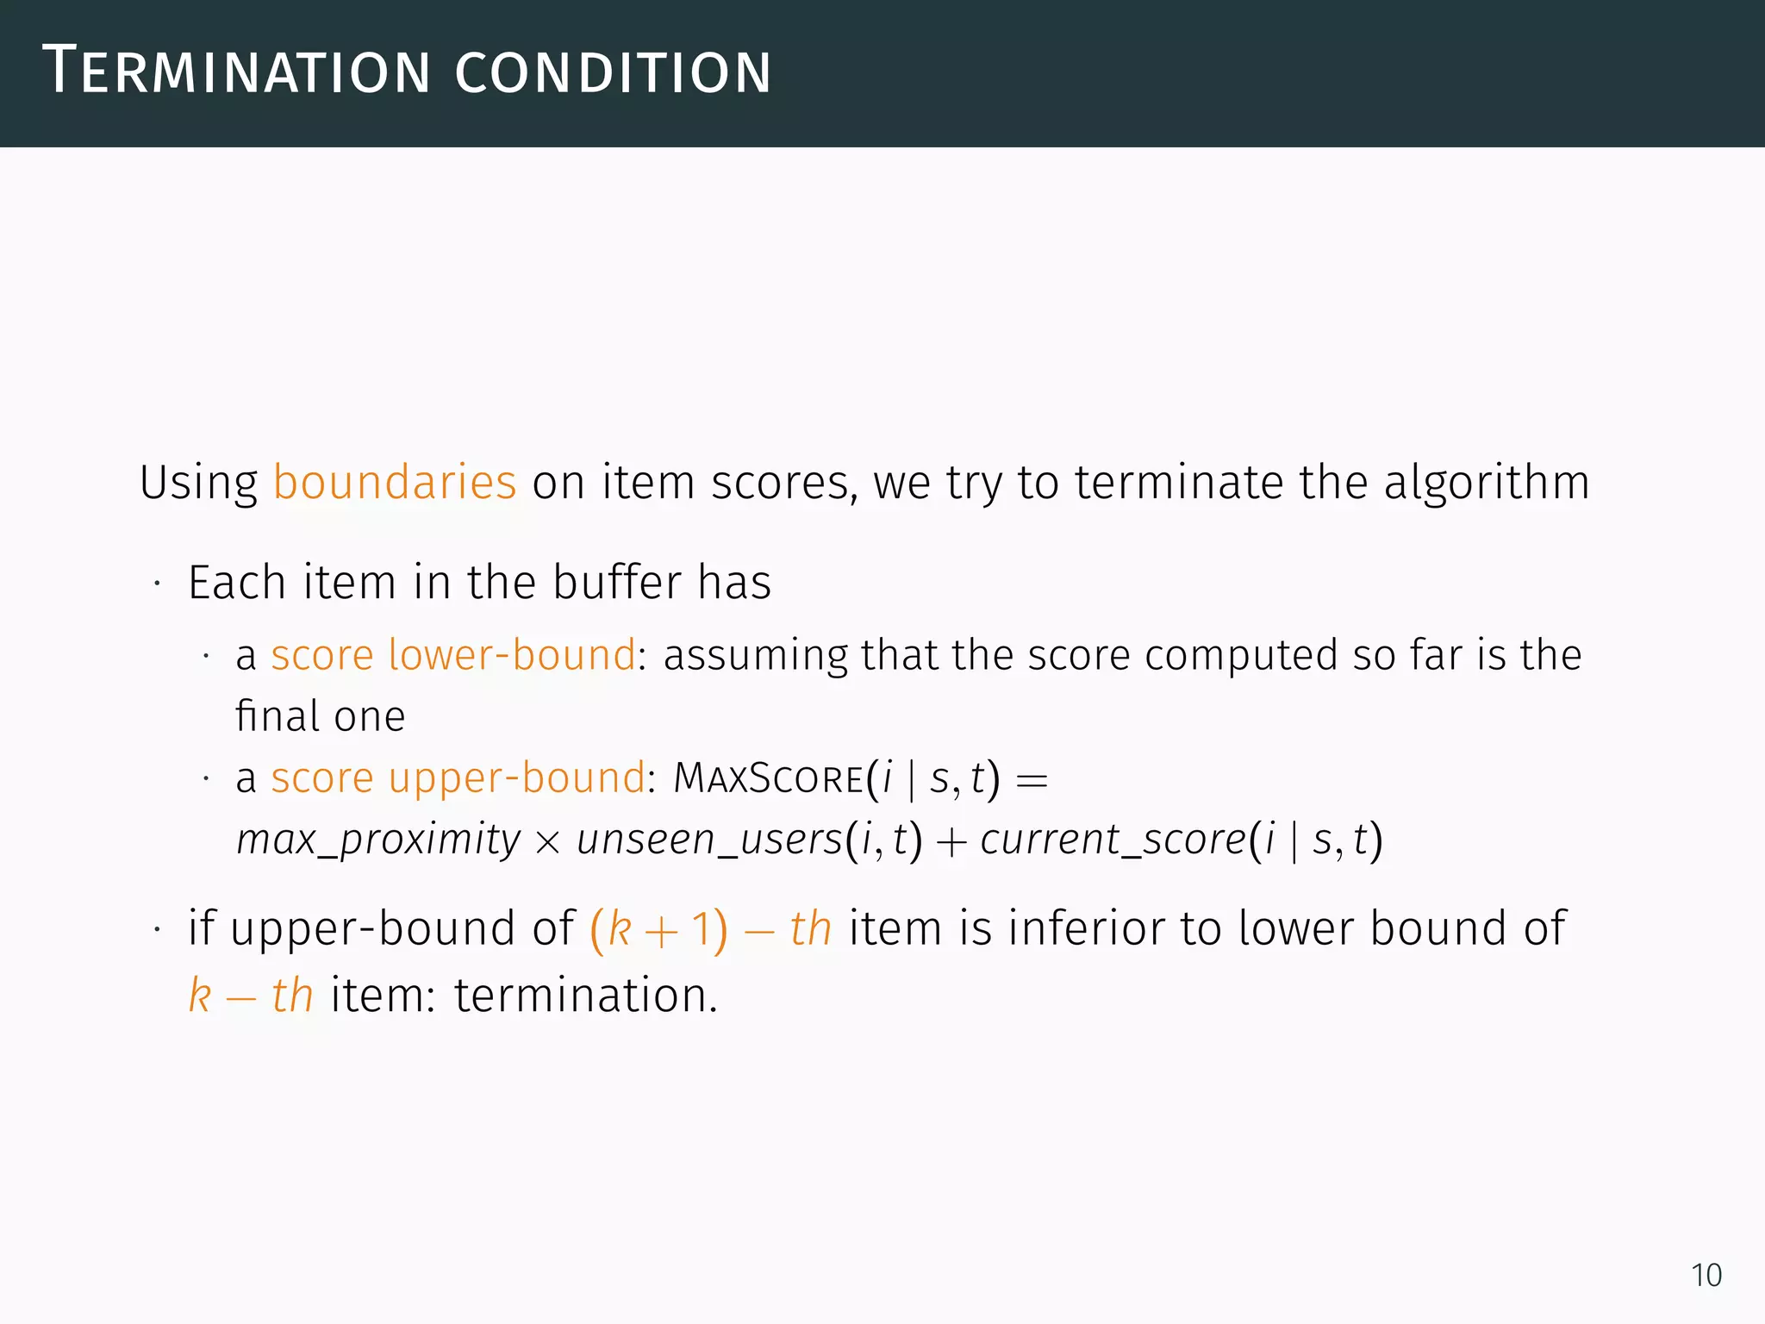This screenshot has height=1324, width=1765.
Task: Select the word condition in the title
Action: (x=613, y=72)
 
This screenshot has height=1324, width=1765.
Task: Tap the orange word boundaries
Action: (x=395, y=482)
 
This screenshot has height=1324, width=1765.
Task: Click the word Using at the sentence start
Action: (x=198, y=484)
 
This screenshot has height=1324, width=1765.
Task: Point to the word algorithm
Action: (x=1487, y=482)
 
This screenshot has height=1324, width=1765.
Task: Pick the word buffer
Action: (x=617, y=582)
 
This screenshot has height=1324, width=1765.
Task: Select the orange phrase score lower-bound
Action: (x=453, y=655)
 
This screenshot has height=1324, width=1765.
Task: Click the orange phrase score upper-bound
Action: (x=458, y=778)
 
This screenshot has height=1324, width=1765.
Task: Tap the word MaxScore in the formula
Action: (x=769, y=778)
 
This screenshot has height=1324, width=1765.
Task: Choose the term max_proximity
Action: (x=378, y=840)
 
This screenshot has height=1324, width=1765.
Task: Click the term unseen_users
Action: (x=709, y=840)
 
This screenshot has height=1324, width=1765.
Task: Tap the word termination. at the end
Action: (x=586, y=996)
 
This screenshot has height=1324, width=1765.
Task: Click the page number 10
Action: (x=1706, y=1275)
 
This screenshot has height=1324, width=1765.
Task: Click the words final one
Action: (x=320, y=716)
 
